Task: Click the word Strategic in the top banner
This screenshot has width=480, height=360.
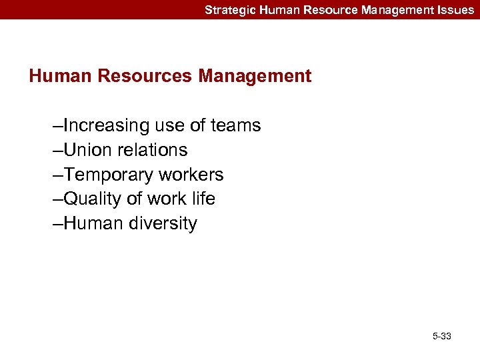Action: [x=227, y=10]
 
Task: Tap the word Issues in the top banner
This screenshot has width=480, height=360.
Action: [x=457, y=10]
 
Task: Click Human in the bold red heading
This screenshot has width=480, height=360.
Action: [x=61, y=76]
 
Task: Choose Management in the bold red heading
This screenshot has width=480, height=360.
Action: [x=255, y=76]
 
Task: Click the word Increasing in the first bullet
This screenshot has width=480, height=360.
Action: [x=106, y=125]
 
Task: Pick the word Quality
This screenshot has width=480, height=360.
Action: [x=93, y=199]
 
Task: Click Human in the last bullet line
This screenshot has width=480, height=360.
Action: [x=90, y=223]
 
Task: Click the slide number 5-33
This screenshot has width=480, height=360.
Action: [x=441, y=336]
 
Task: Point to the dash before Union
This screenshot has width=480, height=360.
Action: [x=58, y=151]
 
